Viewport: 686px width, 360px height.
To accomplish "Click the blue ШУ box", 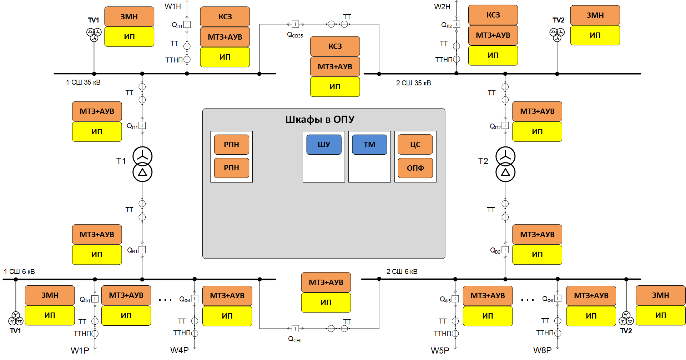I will [x=324, y=145].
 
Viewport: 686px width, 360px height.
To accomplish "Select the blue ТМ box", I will [x=369, y=145].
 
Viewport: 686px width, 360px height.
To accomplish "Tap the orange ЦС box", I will [x=415, y=145].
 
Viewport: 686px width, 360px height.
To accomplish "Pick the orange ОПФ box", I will [x=415, y=168].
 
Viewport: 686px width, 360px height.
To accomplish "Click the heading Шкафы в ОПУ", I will [x=320, y=119].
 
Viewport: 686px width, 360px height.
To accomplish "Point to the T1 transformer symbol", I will [x=142, y=164].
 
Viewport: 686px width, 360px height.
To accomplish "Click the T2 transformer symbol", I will [x=505, y=164].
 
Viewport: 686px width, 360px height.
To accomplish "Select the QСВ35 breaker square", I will [x=295, y=24].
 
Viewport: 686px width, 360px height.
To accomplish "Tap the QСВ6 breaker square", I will [x=295, y=328].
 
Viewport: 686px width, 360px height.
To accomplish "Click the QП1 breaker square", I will [x=142, y=125].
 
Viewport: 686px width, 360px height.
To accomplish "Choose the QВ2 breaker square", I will [x=505, y=250].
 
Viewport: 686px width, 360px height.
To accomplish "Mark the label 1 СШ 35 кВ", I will [x=83, y=82].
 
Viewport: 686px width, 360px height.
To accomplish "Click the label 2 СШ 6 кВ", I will [x=402, y=272].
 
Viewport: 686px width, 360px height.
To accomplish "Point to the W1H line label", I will [x=173, y=6].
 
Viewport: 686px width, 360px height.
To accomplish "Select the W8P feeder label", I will [x=542, y=350].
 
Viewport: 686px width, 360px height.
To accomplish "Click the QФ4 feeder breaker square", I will [x=195, y=298].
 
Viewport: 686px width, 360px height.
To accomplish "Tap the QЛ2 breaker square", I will [x=457, y=24].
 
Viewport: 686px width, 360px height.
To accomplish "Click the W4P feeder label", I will [x=179, y=350].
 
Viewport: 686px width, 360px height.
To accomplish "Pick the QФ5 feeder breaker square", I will [x=455, y=298].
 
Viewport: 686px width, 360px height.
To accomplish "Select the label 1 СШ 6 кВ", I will [x=19, y=272].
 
